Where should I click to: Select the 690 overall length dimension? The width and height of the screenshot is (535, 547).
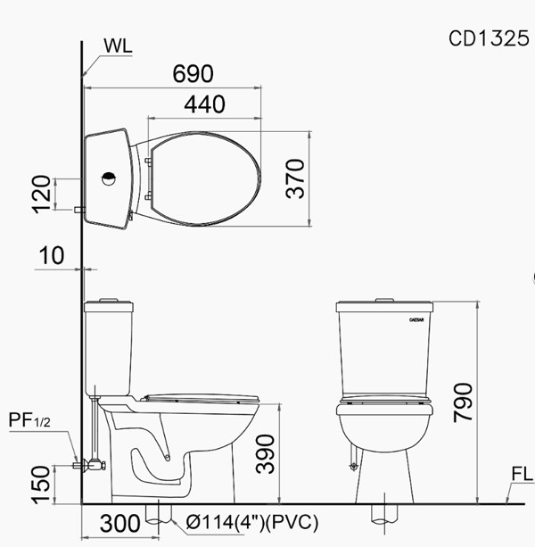coord(197,74)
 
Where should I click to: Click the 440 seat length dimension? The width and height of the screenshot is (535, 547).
coord(204,104)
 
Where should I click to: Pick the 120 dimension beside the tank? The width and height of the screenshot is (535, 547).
coord(38,195)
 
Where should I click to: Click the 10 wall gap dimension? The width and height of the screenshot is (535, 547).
coord(53,256)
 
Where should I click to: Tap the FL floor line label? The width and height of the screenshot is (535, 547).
coord(522,473)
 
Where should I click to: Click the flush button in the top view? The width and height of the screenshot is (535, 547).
coord(109,177)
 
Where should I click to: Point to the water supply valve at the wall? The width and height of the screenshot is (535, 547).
coord(86,464)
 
